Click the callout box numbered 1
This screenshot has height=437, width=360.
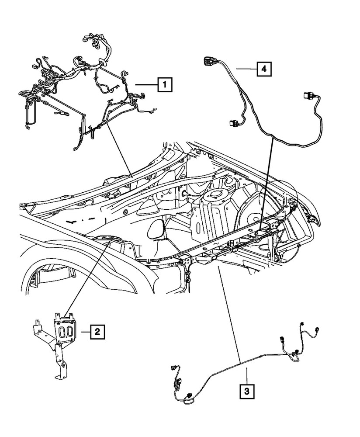pyautogui.click(x=165, y=84)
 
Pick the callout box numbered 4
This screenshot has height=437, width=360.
pyautogui.click(x=263, y=69)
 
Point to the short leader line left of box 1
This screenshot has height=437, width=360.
pyautogui.click(x=146, y=84)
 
